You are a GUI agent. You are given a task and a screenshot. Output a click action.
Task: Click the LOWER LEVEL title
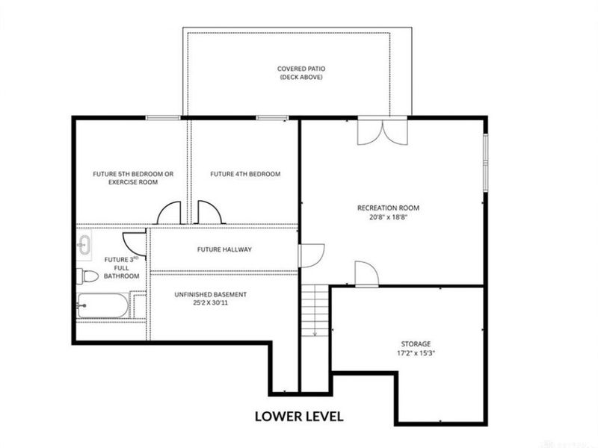[x=299, y=417]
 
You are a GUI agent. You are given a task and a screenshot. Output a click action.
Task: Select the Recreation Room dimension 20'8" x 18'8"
[x=388, y=217]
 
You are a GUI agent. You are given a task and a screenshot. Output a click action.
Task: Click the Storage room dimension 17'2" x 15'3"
[x=416, y=353]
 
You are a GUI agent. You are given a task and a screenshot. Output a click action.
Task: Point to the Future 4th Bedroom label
[x=245, y=174]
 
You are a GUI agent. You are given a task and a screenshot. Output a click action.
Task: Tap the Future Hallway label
[x=224, y=249]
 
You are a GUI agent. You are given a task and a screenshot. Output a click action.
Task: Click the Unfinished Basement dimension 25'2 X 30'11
[x=211, y=303]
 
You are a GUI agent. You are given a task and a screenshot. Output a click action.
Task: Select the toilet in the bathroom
[x=87, y=276]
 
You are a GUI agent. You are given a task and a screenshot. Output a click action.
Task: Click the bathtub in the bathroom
[x=103, y=305]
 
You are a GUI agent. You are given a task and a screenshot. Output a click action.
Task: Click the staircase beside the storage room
[x=315, y=310]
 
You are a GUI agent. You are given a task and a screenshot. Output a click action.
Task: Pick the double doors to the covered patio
[x=383, y=132]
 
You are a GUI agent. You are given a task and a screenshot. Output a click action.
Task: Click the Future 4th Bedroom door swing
[x=209, y=212]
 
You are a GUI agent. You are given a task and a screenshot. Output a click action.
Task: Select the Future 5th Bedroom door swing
[x=169, y=212]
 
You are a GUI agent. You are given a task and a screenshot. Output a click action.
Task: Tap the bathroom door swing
[x=135, y=244]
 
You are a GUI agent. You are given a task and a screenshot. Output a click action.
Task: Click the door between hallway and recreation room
[x=311, y=255]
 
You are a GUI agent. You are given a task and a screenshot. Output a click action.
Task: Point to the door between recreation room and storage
[x=367, y=273]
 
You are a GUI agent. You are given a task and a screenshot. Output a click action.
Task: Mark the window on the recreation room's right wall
[x=485, y=162]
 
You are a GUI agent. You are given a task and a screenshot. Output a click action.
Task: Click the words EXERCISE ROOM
[x=133, y=182]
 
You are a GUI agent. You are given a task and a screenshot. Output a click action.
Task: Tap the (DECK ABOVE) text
[x=301, y=77]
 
